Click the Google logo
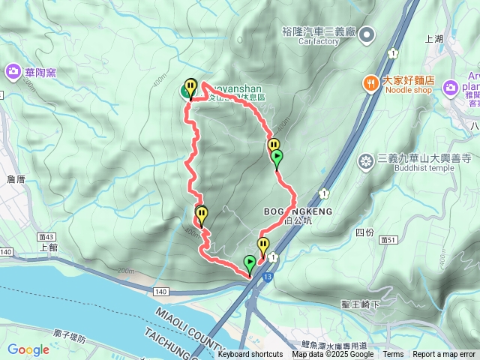pos(28,349)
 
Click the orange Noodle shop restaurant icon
pos(370,82)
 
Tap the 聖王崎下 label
pos(360,304)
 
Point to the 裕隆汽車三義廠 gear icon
pos(367,34)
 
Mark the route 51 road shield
pos(387,239)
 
